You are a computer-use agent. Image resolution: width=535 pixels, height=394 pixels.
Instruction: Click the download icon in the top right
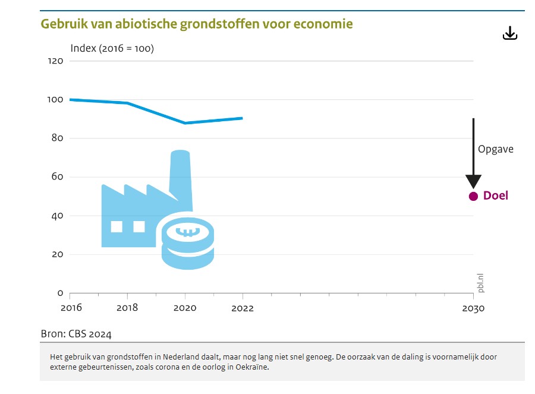coord(510,34)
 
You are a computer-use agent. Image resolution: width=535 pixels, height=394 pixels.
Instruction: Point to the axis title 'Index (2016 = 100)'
coord(112,48)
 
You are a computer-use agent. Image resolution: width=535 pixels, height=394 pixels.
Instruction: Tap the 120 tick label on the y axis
coord(55,61)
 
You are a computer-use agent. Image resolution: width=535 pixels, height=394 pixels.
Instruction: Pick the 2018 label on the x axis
coord(127,308)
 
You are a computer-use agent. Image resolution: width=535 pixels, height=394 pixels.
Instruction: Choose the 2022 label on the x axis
coord(243,308)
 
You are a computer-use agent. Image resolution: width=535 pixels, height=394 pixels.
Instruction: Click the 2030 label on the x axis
coord(473,308)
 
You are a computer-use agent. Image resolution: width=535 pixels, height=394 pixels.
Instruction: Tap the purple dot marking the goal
coord(473,196)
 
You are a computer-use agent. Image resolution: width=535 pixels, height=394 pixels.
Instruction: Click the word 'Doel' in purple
coord(496,196)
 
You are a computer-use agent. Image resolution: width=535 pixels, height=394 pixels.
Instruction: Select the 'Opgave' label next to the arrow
coord(495,149)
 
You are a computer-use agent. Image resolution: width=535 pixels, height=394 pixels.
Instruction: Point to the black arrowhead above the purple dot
coord(473,182)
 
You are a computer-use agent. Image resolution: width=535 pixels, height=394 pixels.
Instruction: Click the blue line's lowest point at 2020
coord(185,123)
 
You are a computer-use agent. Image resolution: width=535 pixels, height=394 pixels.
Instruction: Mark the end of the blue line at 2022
coord(242,118)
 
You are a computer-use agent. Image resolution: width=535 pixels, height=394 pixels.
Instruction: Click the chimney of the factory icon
coord(180,172)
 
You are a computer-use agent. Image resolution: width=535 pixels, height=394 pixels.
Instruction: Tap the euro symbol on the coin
coord(188,232)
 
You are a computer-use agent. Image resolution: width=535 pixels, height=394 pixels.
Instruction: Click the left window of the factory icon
coord(117,226)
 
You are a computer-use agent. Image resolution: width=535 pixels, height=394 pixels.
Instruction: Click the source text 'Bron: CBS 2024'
coord(76,333)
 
